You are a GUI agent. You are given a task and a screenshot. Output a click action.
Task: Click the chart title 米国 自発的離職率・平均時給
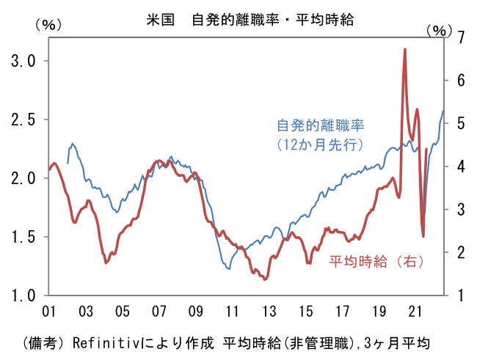238,20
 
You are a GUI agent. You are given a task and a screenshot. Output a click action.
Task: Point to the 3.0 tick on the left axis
19,61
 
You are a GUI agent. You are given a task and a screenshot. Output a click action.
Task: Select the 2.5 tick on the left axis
19,120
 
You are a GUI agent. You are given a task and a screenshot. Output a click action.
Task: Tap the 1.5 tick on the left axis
19,237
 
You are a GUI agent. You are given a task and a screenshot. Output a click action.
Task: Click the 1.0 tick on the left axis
19,295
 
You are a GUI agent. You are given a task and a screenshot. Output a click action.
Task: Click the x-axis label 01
50,310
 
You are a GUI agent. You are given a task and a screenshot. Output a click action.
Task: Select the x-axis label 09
196,310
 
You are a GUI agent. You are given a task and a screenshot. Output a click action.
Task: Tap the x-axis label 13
269,310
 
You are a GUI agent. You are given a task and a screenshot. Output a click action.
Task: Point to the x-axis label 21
415,310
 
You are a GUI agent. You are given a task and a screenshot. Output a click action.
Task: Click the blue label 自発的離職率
320,125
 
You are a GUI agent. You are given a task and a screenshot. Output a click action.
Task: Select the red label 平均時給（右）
376,260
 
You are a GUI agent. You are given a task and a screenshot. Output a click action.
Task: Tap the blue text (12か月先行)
320,144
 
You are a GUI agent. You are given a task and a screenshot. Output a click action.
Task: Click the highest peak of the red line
405,49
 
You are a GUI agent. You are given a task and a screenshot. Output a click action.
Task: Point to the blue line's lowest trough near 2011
229,269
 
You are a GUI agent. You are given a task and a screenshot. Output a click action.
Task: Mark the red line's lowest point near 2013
265,279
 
